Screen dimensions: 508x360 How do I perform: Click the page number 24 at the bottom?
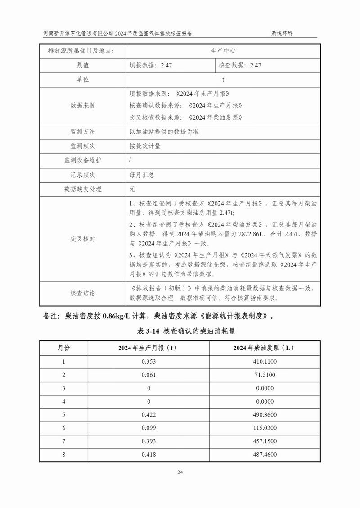[x=180, y=472]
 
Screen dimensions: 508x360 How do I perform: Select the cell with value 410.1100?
[x=264, y=361]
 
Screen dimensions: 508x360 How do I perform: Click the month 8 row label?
[x=64, y=455]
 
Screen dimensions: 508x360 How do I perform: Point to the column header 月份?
[x=64, y=348]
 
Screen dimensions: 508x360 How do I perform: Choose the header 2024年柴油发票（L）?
[x=264, y=348]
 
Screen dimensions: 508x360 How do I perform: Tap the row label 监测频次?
[x=83, y=146]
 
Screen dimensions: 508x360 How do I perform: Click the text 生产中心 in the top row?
[x=223, y=51]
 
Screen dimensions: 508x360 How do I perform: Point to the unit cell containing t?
[x=223, y=79]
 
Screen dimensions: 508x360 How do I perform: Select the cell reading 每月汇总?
[x=142, y=174]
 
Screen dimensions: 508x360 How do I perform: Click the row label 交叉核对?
[x=83, y=239]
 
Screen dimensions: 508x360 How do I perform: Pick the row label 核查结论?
[x=83, y=293]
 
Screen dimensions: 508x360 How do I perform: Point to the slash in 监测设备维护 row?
[x=130, y=160]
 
